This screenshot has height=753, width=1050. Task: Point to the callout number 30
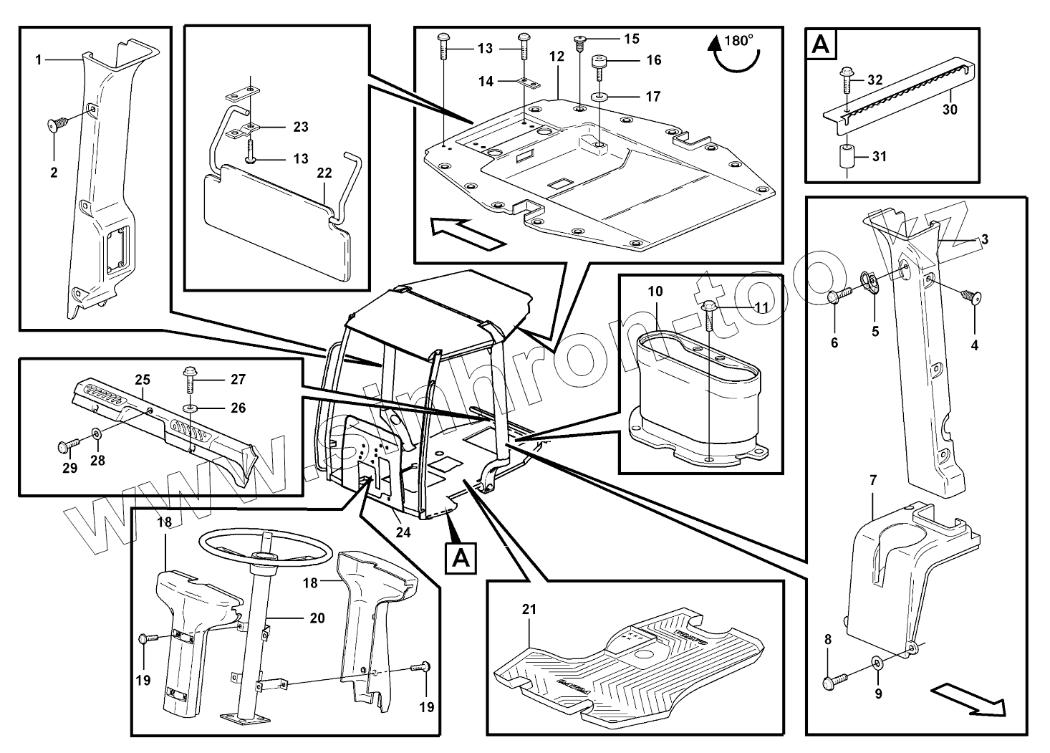coord(950,110)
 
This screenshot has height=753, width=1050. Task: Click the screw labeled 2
coord(55,126)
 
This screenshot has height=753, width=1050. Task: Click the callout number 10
coord(655,292)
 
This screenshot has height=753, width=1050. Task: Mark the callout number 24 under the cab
coord(403,532)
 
